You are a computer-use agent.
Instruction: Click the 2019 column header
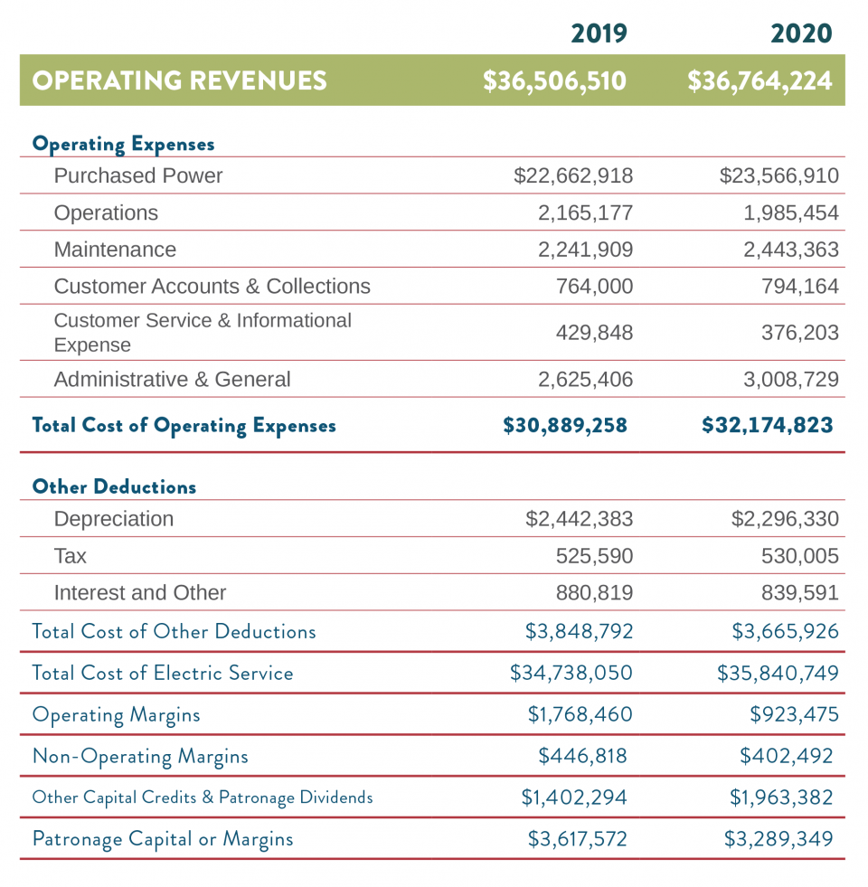point(599,33)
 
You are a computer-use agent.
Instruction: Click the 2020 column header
point(800,33)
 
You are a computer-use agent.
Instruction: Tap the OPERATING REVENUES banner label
point(179,80)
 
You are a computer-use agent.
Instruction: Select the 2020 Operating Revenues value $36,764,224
point(759,80)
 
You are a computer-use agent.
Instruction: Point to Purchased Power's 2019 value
point(573,175)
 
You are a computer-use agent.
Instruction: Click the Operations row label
point(106,212)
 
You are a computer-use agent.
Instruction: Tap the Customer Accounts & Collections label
point(212,287)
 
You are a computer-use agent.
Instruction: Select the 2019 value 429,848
point(594,333)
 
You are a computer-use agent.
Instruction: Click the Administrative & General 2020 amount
point(791,380)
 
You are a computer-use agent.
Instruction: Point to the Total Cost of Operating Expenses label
point(184,425)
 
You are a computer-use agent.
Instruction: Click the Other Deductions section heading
point(114,486)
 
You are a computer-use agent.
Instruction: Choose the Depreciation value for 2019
point(580,519)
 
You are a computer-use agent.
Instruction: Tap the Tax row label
point(71,556)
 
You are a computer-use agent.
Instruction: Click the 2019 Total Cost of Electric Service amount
point(571,673)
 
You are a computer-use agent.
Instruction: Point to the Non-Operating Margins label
point(140,756)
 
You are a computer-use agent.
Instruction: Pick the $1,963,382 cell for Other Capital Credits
point(781,797)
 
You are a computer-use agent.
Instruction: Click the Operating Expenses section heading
point(123,144)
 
